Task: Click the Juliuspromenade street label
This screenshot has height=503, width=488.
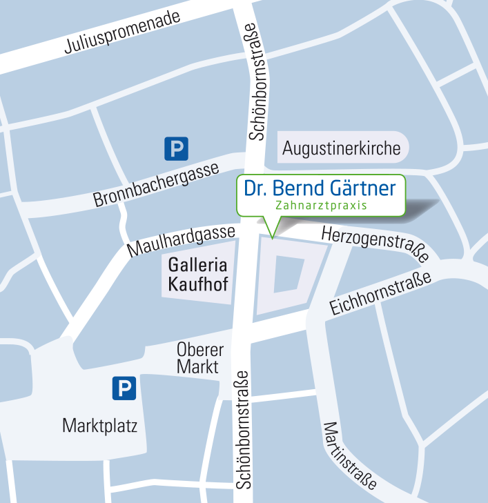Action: coord(122,32)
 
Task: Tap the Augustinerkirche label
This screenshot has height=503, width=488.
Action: coord(342,148)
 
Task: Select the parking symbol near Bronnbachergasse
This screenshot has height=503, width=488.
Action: coord(176,148)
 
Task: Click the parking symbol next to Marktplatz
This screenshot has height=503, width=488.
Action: coord(124,388)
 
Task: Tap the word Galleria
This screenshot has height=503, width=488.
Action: coord(198,265)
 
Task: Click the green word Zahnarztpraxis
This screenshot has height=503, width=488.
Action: coord(320,206)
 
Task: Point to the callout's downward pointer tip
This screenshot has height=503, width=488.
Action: coord(273,238)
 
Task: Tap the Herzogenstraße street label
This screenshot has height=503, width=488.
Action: coord(375,244)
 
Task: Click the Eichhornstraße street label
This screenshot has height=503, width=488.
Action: coord(380,293)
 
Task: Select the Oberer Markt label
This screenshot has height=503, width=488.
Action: coord(199,358)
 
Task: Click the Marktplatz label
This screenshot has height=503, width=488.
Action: coord(100,426)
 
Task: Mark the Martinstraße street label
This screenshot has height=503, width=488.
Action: coord(350,455)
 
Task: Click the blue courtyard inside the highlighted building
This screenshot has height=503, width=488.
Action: coord(289,274)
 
